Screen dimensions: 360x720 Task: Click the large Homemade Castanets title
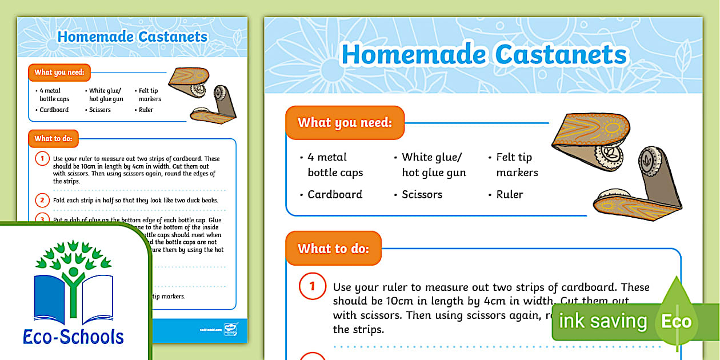(x=484, y=55)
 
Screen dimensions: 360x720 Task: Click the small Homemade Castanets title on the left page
(x=132, y=37)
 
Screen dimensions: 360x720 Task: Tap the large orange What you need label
(x=345, y=122)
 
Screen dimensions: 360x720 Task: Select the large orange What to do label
(x=333, y=249)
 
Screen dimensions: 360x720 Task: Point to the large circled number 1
(x=311, y=287)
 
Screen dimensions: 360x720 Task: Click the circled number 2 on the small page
(x=42, y=201)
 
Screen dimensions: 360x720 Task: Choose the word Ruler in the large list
(x=509, y=194)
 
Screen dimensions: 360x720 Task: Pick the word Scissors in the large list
(x=422, y=194)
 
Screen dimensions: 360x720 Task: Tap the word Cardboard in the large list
(x=334, y=194)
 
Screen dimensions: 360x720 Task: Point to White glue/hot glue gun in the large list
(x=433, y=165)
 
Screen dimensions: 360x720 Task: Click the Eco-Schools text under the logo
(x=73, y=337)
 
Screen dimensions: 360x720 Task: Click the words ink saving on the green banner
(x=602, y=322)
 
